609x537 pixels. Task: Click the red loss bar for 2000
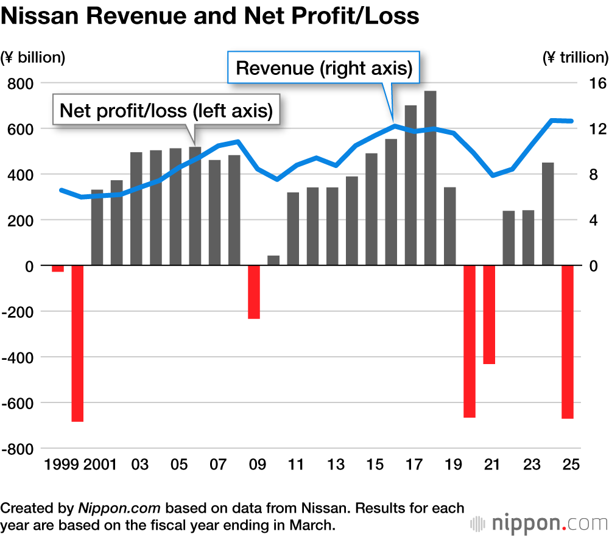click(x=77, y=343)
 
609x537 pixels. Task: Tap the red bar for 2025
click(x=568, y=342)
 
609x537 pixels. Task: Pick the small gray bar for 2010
click(x=273, y=261)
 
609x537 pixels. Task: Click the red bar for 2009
click(x=254, y=292)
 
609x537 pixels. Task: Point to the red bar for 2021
click(x=489, y=315)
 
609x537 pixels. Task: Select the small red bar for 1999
click(x=58, y=268)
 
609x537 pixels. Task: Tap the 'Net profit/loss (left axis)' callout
click(x=166, y=110)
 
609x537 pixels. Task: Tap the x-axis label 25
click(x=571, y=465)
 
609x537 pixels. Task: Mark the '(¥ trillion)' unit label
click(x=575, y=57)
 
